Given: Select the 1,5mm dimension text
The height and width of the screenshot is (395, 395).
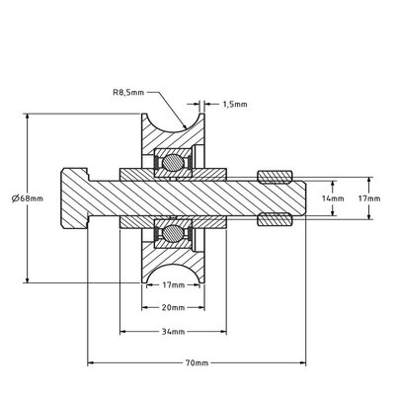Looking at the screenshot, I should point(234,102).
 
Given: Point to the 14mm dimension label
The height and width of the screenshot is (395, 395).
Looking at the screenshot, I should point(333,197).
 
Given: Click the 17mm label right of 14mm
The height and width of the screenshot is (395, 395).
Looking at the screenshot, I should point(367,197).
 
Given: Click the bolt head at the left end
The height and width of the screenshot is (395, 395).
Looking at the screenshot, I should point(76,197).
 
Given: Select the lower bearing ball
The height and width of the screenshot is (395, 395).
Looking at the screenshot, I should point(173,235).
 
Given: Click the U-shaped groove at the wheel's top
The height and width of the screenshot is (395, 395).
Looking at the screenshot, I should point(173,126).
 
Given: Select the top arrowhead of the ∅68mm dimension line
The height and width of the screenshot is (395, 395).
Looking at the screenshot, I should point(27,117).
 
